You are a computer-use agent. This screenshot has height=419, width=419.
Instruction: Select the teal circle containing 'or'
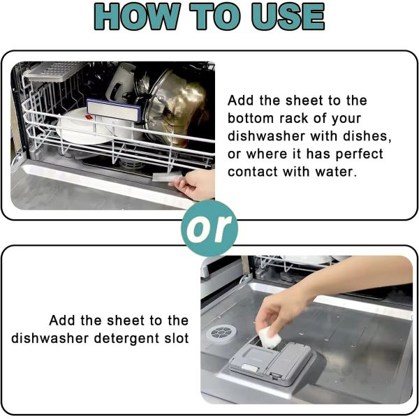coord(209,228)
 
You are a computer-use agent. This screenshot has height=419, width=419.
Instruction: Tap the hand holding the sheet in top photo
coord(196,184)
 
